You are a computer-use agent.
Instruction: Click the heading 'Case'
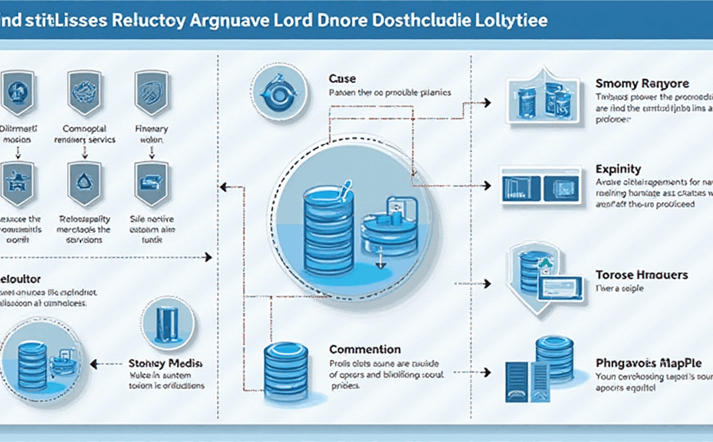342,78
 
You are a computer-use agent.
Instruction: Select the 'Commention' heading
365,349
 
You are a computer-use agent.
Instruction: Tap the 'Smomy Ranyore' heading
642,83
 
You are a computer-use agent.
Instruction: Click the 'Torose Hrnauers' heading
641,275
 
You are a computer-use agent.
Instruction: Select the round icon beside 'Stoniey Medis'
168,324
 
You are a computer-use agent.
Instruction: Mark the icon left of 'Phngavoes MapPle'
540,368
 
